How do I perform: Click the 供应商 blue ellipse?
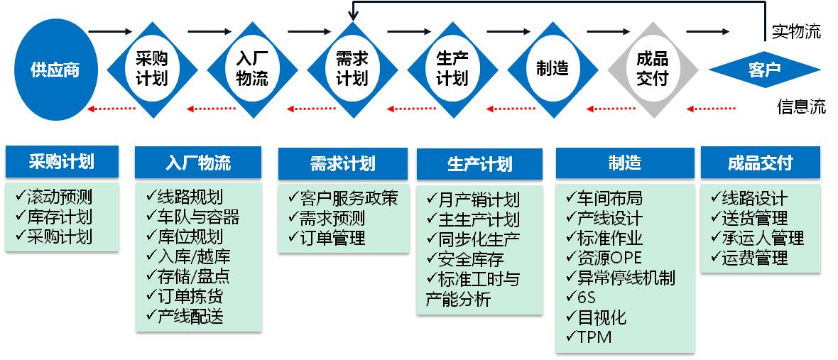(x=55, y=70)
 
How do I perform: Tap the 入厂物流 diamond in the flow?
(x=251, y=70)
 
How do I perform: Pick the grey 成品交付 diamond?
(x=652, y=70)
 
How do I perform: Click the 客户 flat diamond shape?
(x=764, y=70)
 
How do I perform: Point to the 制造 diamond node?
(x=552, y=70)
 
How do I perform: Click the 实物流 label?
(x=796, y=32)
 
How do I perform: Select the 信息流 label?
(x=802, y=107)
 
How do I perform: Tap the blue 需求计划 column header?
(x=342, y=163)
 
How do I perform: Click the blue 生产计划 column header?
(x=480, y=165)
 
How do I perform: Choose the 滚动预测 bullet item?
(x=54, y=197)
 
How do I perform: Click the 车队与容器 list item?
(x=193, y=217)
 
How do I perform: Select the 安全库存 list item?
(x=469, y=259)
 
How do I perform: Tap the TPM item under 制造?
(x=589, y=337)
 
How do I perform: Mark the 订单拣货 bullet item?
(x=185, y=296)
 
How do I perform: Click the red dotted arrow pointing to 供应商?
(x=111, y=109)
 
